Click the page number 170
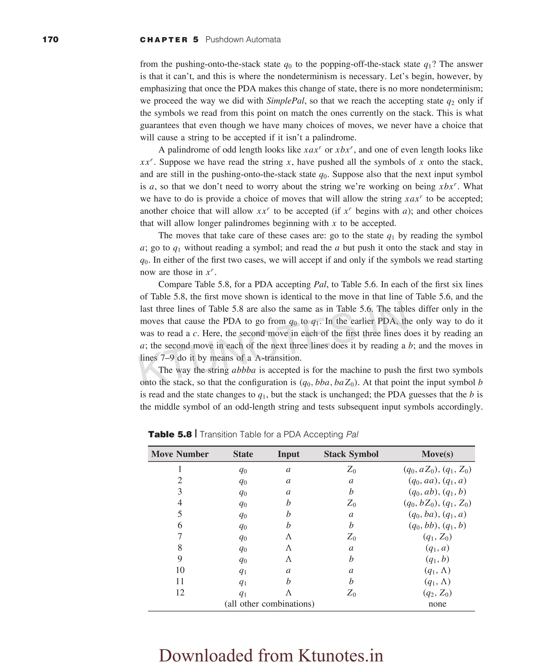50,40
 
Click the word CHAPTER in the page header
164,40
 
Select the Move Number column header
180,454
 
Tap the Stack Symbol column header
351,454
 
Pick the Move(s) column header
437,454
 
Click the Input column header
288,454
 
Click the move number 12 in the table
180,593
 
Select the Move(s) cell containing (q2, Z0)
437,593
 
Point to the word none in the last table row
437,604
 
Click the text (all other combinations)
269,604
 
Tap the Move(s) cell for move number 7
437,537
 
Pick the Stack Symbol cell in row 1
351,470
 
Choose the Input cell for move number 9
288,559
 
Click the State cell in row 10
243,571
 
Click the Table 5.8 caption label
170,434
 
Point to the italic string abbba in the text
243,370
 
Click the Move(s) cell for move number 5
437,514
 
